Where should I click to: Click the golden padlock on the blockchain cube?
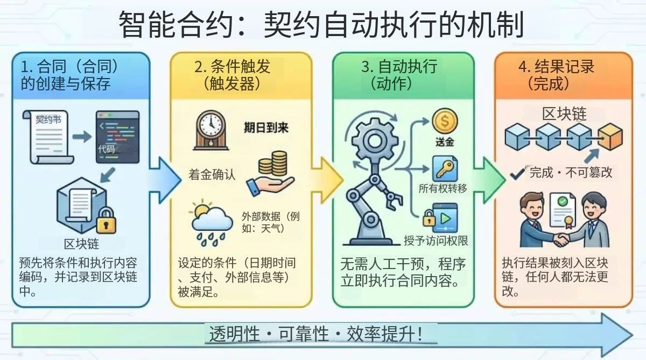106,221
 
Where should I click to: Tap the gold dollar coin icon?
445,121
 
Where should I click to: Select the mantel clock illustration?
211,130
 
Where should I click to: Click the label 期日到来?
266,128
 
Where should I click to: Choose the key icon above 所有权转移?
445,169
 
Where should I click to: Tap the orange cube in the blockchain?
610,137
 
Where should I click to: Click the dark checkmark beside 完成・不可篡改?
517,173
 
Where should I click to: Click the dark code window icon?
118,137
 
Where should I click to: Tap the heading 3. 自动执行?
399,67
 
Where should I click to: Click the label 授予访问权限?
436,241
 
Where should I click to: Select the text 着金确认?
212,175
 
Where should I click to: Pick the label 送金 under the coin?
445,142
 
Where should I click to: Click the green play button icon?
446,218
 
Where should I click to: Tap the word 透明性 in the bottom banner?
235,334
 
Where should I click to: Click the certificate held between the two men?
563,210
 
